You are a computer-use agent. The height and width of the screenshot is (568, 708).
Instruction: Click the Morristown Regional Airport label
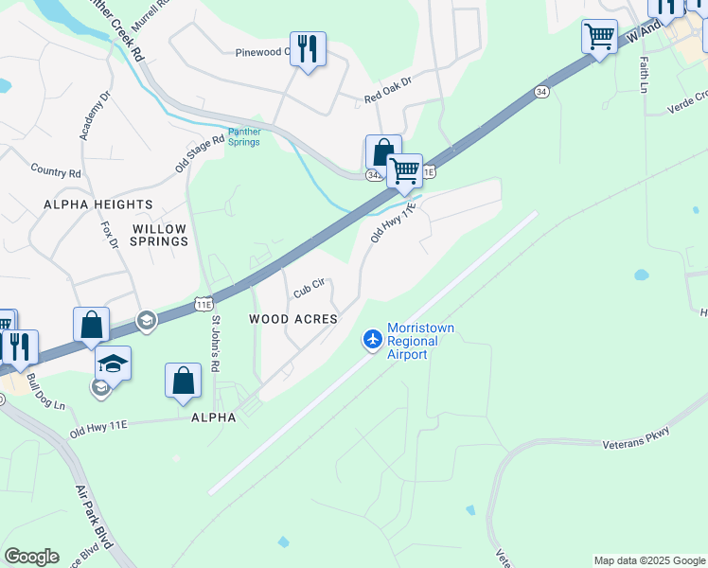pyautogui.click(x=421, y=341)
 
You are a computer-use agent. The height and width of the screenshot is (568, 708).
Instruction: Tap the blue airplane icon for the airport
pyautogui.click(x=373, y=338)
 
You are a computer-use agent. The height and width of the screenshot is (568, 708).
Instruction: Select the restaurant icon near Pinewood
pyautogui.click(x=308, y=48)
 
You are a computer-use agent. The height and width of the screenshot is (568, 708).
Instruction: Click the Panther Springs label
pyautogui.click(x=243, y=137)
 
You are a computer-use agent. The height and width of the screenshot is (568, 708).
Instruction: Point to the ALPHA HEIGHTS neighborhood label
pyautogui.click(x=97, y=204)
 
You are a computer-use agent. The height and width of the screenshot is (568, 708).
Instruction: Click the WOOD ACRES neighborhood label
pyautogui.click(x=293, y=319)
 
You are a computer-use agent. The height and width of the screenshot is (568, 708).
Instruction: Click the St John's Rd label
pyautogui.click(x=215, y=344)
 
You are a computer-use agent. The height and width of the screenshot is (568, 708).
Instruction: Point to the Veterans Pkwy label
pyautogui.click(x=636, y=438)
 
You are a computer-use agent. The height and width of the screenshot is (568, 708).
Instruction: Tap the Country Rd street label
pyautogui.click(x=56, y=172)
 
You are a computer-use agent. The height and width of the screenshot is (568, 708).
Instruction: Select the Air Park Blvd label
pyautogui.click(x=94, y=518)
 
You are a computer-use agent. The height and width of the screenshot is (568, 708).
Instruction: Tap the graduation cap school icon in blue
pyautogui.click(x=113, y=364)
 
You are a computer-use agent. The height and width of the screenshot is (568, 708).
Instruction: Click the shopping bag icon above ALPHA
pyautogui.click(x=184, y=382)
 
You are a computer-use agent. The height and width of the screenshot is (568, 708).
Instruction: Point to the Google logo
pyautogui.click(x=31, y=557)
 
